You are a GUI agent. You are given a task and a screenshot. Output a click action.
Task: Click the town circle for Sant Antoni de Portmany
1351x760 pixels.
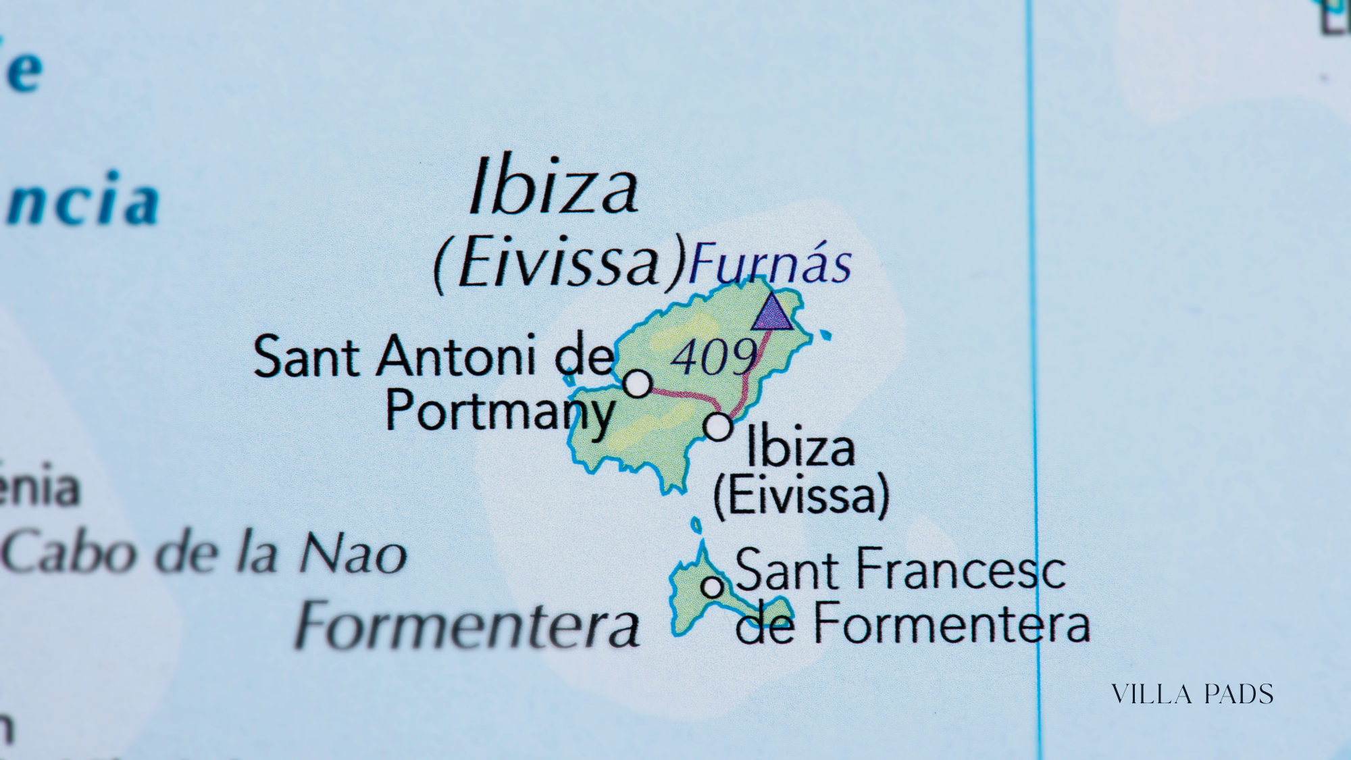coord(637,383)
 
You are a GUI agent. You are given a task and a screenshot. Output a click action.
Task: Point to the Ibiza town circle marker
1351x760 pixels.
coord(717,427)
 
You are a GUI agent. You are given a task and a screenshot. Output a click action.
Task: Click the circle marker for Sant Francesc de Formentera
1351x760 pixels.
coord(712,586)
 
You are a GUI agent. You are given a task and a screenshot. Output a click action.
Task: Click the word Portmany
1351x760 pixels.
coord(500,411)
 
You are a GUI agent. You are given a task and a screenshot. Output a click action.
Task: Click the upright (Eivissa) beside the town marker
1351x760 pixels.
coord(801,496)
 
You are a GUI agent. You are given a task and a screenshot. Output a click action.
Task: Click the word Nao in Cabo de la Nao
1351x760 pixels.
coord(353,554)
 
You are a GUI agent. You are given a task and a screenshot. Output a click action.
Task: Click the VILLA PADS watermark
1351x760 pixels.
coord(1192,694)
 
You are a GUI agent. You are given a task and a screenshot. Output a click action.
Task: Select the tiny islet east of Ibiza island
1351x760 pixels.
coord(824,334)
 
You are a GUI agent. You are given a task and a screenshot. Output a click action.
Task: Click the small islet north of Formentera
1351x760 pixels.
coord(696,524)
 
